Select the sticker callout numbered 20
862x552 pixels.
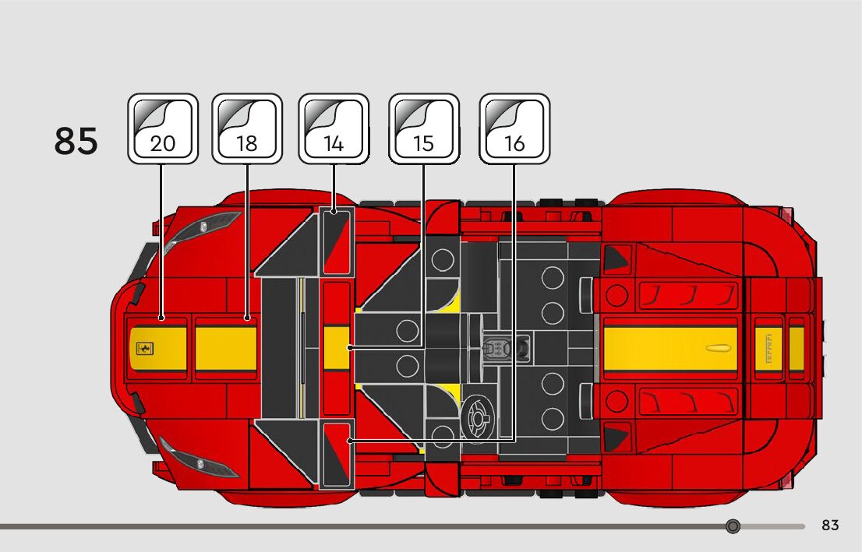[x=163, y=128]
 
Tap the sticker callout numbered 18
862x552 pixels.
[x=247, y=128]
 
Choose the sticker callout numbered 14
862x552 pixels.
[x=334, y=128]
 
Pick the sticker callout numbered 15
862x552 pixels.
[x=423, y=128]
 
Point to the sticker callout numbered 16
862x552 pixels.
[x=514, y=128]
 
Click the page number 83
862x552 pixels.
[x=830, y=526]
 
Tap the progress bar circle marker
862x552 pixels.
[x=733, y=526]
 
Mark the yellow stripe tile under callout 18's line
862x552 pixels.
[x=226, y=348]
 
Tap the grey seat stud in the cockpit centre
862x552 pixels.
[x=496, y=348]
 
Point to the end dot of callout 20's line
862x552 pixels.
[x=161, y=318]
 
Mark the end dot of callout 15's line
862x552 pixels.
[x=351, y=348]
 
